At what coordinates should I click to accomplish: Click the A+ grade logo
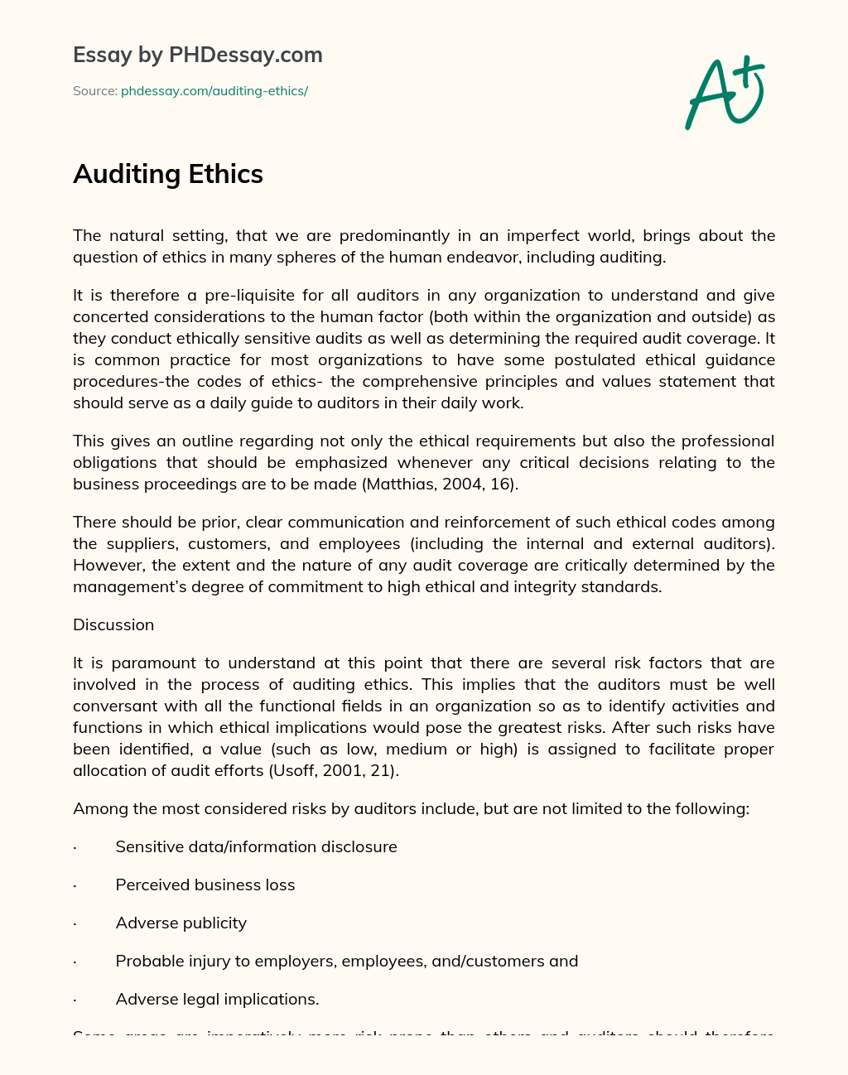point(725,93)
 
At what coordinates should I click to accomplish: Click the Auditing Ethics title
point(168,174)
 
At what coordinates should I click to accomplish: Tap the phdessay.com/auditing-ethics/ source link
point(214,91)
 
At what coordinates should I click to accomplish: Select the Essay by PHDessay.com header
point(198,55)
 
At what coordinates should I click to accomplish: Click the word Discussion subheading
point(113,624)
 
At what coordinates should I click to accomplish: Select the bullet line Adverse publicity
point(181,923)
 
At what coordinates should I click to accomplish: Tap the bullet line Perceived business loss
point(205,885)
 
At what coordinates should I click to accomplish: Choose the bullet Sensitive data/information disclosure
point(256,846)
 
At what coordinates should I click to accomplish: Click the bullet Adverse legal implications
point(217,999)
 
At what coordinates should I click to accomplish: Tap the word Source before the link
point(94,91)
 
